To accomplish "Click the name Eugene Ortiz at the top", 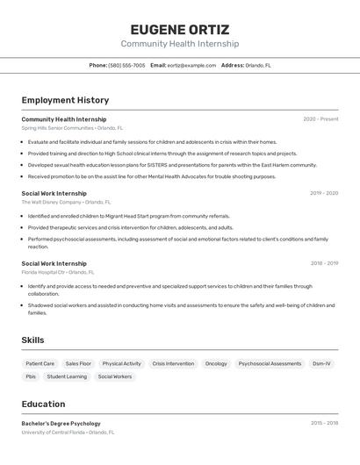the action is pos(179,29).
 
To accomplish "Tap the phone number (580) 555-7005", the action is pos(126,65).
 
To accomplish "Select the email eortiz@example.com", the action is pos(191,65).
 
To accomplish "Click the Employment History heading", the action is pos(65,100).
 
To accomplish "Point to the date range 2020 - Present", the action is pos(320,119).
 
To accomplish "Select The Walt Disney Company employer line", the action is pos(58,202).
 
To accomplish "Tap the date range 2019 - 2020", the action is pos(323,193).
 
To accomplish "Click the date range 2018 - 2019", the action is pos(324,263).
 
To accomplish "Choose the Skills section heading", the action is pos(32,340).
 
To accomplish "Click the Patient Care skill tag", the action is pos(40,363).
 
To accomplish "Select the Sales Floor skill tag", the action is pos(78,363).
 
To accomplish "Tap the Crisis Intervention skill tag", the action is pos(173,363).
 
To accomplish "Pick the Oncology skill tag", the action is pos(216,363).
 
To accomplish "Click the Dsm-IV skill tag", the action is pos(321,363).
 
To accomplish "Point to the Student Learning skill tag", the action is pos(67,376).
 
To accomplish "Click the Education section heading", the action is pos(43,404).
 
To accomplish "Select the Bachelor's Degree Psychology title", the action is pos(61,423).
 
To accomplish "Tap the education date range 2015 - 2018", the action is pos(324,423).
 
